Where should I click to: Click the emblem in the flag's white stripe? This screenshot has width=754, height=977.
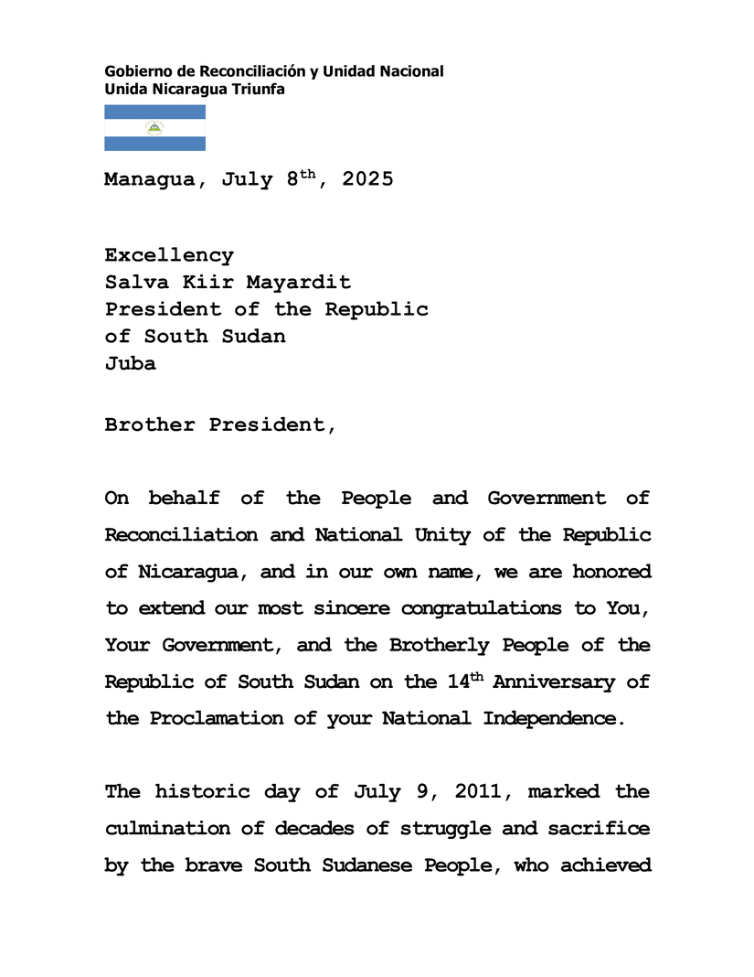pos(154,128)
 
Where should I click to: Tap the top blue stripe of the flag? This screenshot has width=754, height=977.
pos(154,112)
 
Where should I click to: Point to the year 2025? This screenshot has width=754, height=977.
pos(367,180)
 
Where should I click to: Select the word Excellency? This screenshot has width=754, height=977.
pos(169,255)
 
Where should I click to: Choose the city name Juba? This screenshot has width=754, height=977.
pos(130,363)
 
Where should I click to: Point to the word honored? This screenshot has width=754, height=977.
pos(611,572)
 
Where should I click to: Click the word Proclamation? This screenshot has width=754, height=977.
pos(211,718)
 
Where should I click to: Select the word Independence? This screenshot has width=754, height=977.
pos(554,718)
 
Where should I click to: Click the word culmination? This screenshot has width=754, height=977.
pos(181,828)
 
